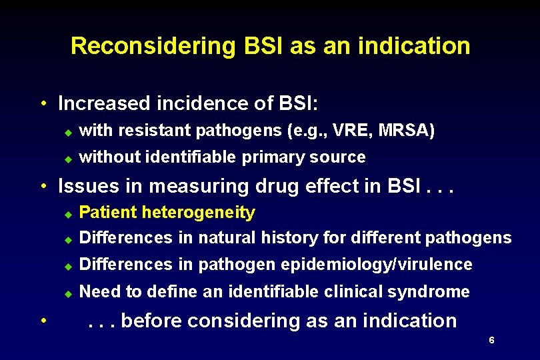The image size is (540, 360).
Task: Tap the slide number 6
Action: (491, 341)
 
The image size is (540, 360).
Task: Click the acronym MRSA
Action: (406, 131)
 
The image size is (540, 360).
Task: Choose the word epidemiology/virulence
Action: (377, 265)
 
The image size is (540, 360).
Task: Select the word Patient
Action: (105, 213)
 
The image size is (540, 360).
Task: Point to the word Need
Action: (97, 292)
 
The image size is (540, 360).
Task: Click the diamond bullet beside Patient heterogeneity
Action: (67, 214)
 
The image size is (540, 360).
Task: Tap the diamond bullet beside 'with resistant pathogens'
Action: (67, 132)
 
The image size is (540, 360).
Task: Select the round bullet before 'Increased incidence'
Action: (42, 104)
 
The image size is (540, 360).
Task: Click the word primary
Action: (271, 157)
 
